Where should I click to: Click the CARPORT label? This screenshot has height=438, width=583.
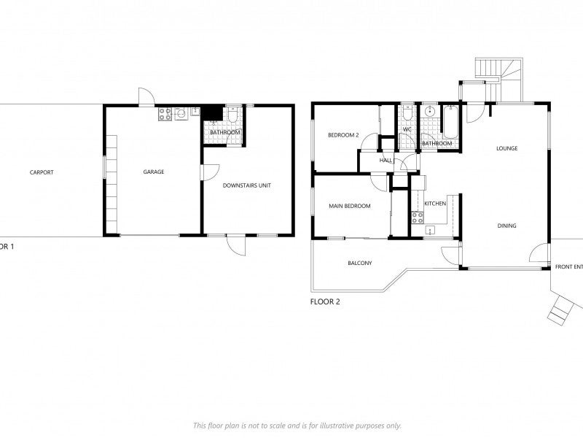coord(42,173)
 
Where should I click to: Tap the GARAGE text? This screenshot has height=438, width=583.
coord(153,172)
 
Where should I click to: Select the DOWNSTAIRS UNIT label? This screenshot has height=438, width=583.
coord(246,185)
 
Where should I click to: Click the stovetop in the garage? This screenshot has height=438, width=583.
coord(165,113)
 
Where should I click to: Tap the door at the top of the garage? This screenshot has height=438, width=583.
coord(146,97)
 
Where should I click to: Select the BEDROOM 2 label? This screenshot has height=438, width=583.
coord(343,135)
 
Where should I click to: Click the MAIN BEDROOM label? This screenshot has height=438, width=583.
coord(349,206)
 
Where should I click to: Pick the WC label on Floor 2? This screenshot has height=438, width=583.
coord(407,130)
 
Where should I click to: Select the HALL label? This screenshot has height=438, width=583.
coord(386,160)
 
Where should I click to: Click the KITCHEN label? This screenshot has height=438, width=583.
coord(435,203)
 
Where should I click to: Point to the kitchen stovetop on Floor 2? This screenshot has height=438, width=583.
coord(418,217)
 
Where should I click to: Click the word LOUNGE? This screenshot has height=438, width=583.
coord(506,148)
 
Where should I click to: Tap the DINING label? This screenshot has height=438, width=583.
coord(506,226)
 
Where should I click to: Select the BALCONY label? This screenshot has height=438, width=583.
coord(359,263)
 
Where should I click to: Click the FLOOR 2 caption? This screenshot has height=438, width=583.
coord(325,301)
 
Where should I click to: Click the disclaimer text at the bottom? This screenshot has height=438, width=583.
coord(297,425)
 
